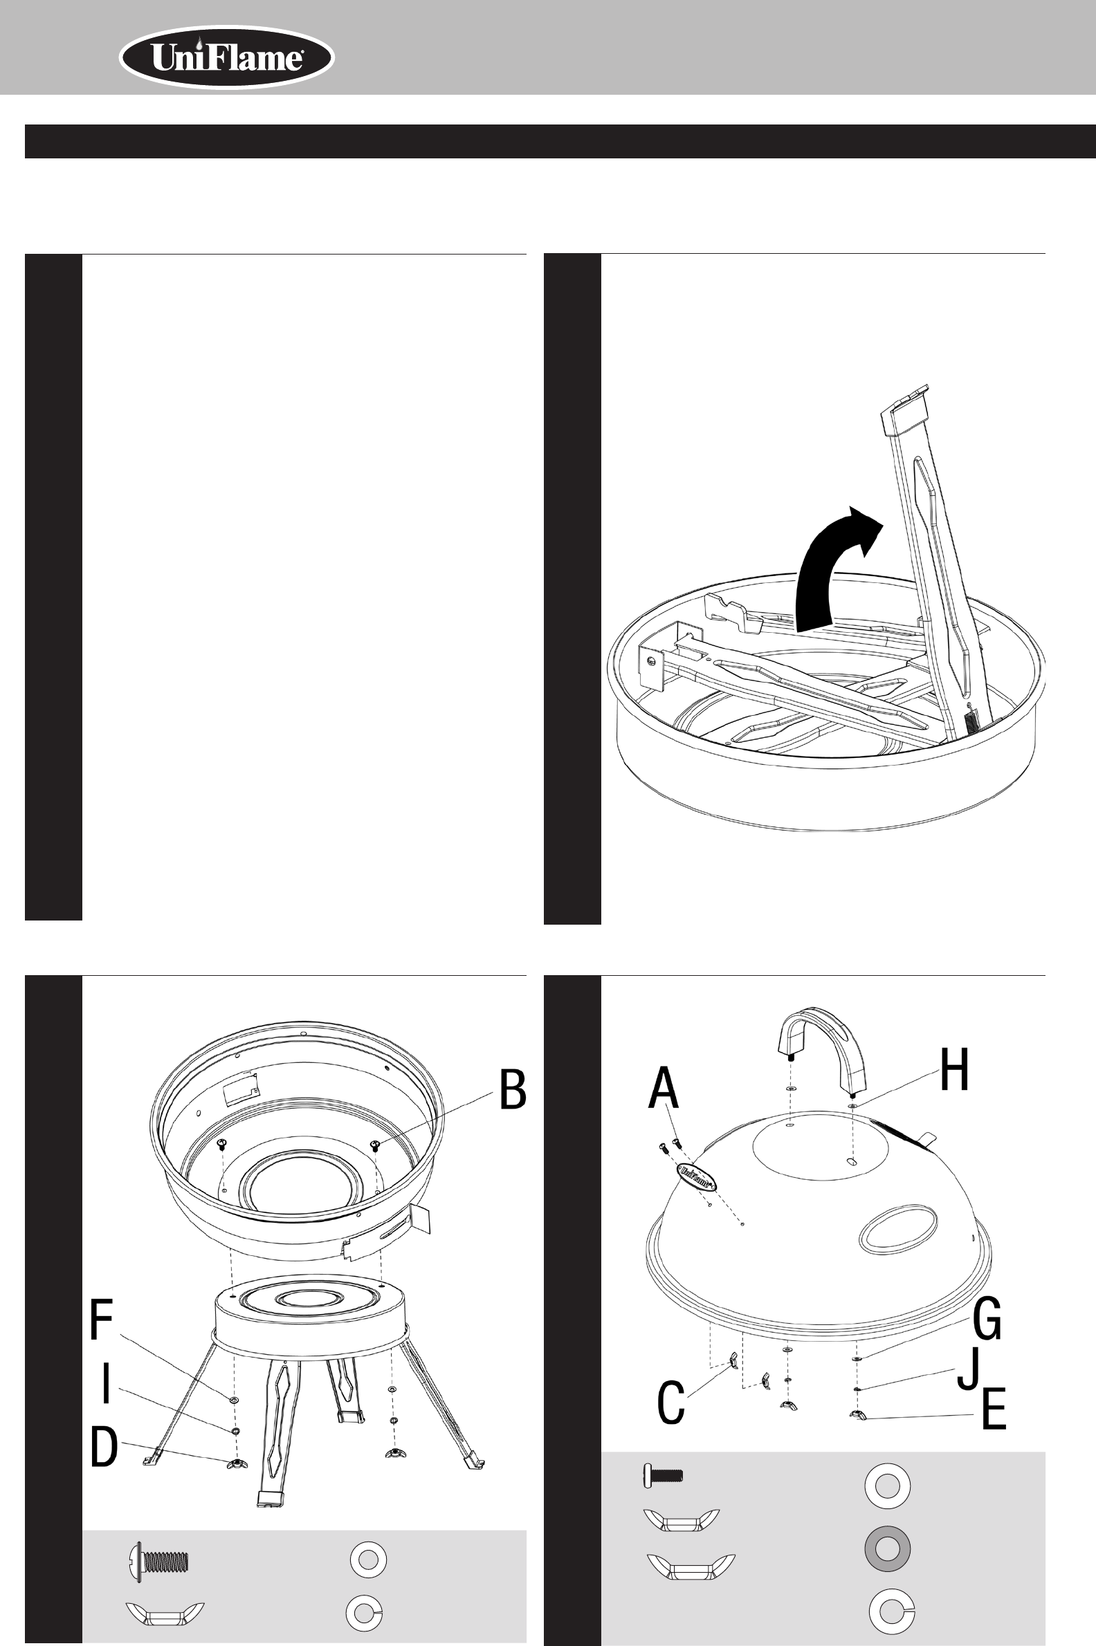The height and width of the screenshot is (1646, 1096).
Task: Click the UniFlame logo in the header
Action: coord(226,58)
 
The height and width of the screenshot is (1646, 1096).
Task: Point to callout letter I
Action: coord(106,1384)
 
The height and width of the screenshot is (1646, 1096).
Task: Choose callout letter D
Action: coord(104,1448)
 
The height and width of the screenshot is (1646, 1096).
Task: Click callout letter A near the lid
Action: coord(664,1088)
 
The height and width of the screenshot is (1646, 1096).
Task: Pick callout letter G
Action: coord(986,1317)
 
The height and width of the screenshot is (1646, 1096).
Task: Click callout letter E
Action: coord(994,1409)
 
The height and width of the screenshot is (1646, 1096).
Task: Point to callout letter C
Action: coord(671,1403)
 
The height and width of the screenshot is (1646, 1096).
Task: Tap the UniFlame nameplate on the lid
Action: coord(696,1176)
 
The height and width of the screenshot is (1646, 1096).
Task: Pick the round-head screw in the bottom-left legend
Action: coord(160,1560)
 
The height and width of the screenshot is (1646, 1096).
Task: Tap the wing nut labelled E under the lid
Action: coord(857,1416)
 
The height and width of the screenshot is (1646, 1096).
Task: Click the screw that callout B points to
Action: coord(375,1145)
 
